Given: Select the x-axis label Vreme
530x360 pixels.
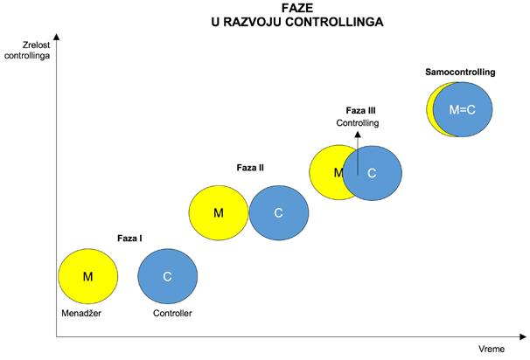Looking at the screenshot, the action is [492, 350].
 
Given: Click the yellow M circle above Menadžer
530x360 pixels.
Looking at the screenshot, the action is [87, 277].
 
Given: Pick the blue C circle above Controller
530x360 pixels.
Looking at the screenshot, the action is [167, 277].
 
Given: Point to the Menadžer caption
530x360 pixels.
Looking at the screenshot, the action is [82, 313].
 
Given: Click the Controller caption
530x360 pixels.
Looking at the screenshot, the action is [172, 313].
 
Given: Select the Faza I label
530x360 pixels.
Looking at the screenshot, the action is [130, 238].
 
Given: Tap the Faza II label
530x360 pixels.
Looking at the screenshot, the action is [250, 167].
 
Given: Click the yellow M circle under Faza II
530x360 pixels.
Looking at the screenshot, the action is [219, 212].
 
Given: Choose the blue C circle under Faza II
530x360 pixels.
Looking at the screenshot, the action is [279, 212].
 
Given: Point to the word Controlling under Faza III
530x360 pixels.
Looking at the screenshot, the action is [358, 123].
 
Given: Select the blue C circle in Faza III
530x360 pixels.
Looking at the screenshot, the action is [373, 172].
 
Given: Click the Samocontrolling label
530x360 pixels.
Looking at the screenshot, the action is [460, 72].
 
